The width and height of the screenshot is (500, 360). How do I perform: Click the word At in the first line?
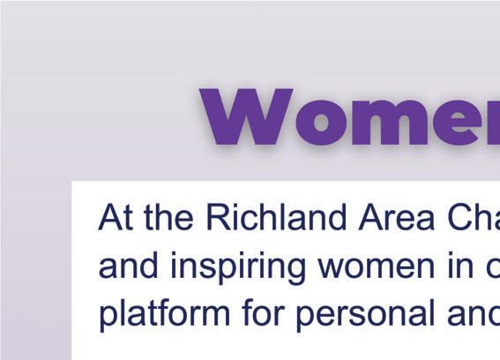pos(116,217)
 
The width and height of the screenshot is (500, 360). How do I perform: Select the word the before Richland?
pos(168,216)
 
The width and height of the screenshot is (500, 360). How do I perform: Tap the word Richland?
pos(276,216)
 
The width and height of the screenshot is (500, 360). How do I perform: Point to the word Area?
pos(396,217)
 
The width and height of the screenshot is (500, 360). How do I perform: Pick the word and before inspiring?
pos(129,265)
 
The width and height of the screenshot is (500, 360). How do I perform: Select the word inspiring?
pos(238,267)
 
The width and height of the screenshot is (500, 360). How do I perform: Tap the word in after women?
pos(461,265)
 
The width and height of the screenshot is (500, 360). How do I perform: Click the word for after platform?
pos(263,311)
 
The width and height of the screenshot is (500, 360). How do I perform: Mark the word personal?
pos(366,315)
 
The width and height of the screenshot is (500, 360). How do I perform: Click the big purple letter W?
pos(246,116)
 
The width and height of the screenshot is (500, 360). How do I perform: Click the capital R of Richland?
pos(219,217)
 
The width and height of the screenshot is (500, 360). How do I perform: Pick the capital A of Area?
pos(370,217)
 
